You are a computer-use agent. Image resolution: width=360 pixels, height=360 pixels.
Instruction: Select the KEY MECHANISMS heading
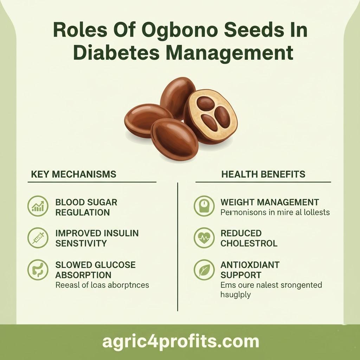(73, 174)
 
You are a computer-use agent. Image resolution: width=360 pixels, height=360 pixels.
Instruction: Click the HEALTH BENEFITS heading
(263, 174)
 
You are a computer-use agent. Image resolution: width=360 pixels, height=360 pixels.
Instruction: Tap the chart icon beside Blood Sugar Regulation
(38, 206)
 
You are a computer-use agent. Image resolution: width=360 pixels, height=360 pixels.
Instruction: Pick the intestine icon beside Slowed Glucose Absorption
(38, 270)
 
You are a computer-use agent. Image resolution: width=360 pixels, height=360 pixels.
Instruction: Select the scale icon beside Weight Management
(204, 206)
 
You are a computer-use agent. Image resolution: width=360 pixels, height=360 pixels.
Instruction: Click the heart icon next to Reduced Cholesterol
(204, 238)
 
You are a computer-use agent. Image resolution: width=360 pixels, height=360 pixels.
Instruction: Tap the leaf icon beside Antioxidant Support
(204, 270)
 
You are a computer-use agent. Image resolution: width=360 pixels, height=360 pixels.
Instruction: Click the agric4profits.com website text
(180, 341)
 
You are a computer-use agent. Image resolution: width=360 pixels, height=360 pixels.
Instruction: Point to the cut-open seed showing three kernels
(210, 115)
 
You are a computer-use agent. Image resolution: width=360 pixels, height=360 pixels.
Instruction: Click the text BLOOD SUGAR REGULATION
(86, 207)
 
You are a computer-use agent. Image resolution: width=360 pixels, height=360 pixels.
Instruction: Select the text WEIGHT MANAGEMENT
(270, 202)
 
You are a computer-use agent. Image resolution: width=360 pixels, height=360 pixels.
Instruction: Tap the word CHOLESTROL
(249, 243)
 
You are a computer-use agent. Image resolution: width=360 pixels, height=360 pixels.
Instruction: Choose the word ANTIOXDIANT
(250, 264)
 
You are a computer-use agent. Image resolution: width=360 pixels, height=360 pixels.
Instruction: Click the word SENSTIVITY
(81, 243)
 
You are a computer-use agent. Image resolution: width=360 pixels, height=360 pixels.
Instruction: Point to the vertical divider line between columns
(178, 246)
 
